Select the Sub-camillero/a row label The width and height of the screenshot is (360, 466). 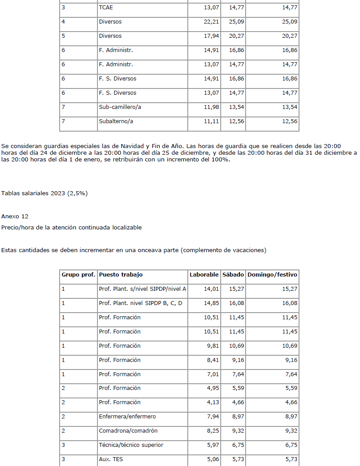(x=120, y=107)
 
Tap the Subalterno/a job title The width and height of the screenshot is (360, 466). (x=116, y=121)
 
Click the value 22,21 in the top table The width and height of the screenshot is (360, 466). (x=211, y=22)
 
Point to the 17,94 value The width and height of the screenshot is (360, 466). (x=211, y=36)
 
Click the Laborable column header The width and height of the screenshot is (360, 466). (x=204, y=275)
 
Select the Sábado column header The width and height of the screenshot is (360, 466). (x=233, y=275)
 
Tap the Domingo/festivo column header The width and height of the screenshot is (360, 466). (x=272, y=275)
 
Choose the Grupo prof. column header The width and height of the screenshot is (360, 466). (x=78, y=275)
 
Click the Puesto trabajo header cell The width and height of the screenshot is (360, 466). (x=121, y=275)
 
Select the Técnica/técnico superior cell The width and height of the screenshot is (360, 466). (x=131, y=445)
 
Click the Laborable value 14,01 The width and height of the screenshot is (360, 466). (x=211, y=289)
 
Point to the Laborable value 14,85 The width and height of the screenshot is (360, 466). (x=211, y=303)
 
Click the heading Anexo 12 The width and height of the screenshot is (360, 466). (x=15, y=217)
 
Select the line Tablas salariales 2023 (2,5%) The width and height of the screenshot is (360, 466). (x=44, y=193)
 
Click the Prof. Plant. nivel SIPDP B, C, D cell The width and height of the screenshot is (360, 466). (x=141, y=303)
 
